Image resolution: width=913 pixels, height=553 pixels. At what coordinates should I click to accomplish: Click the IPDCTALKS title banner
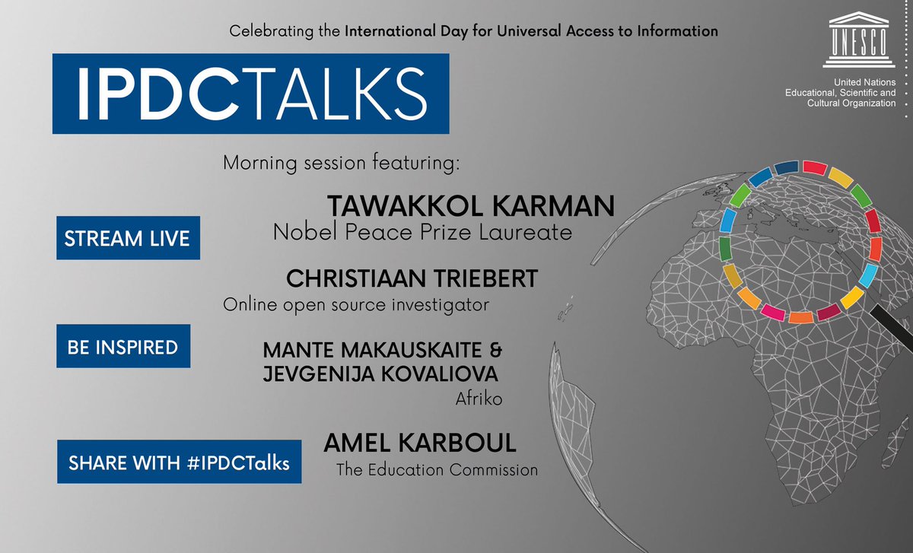[x=250, y=94]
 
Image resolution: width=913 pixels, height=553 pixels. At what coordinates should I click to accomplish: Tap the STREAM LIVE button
[x=128, y=238]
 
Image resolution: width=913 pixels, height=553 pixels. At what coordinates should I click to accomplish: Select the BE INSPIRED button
[x=122, y=348]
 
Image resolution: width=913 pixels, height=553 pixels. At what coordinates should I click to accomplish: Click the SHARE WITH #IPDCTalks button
[x=179, y=462]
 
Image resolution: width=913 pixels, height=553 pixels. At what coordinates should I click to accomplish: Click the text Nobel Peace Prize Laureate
[x=422, y=232]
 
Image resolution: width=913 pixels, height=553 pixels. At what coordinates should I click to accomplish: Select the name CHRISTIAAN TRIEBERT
[x=412, y=278]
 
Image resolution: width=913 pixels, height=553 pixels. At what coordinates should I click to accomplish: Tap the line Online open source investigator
[x=355, y=304]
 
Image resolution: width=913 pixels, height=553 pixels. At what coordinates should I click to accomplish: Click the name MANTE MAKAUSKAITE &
[x=383, y=351]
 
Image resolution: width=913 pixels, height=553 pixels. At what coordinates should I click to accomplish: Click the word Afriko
[x=480, y=398]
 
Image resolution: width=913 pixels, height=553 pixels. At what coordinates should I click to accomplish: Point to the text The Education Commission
[x=437, y=469]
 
